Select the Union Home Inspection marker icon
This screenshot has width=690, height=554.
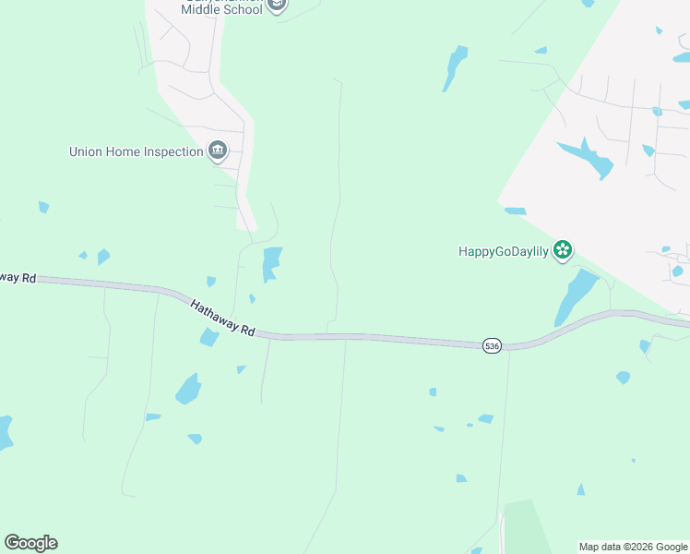[x=218, y=151]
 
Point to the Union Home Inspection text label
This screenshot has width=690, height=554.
[x=136, y=151]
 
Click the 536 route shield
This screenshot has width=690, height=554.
[x=492, y=345]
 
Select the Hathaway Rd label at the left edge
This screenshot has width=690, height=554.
[x=18, y=277]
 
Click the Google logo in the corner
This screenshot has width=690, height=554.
[x=30, y=543]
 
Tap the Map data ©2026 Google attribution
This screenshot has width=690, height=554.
[x=633, y=547]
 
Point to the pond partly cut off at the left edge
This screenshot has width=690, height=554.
[x=5, y=432]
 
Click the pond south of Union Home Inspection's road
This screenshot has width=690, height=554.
[x=270, y=263]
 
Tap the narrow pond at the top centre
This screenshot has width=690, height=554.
[x=454, y=66]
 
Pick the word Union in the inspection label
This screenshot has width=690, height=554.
[x=88, y=151]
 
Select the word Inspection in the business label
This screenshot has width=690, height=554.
[x=172, y=151]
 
